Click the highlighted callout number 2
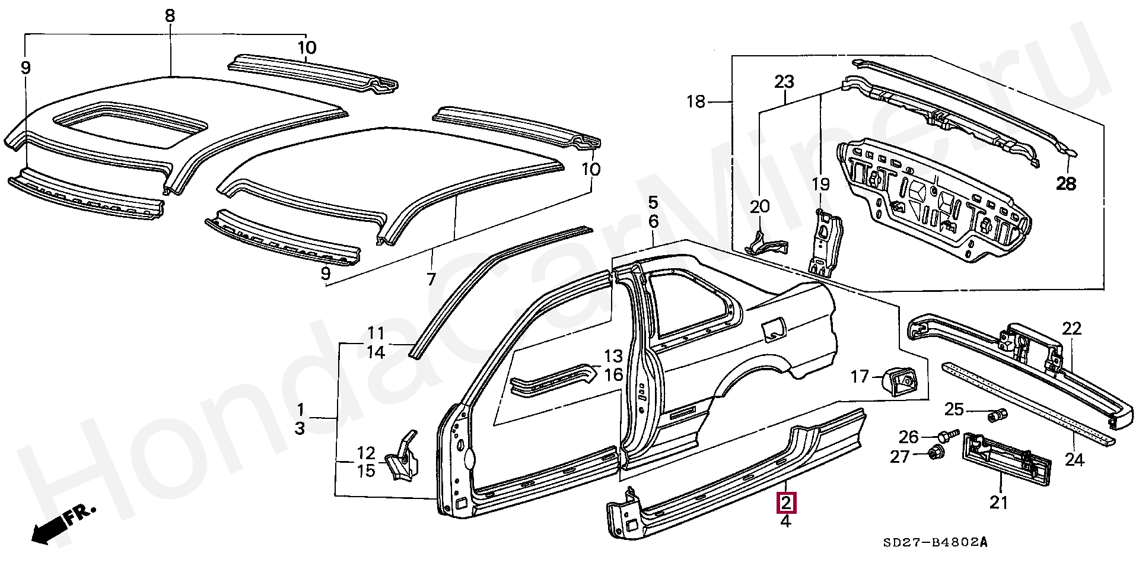tap(785, 504)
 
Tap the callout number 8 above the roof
tap(170, 15)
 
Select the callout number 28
tap(1066, 184)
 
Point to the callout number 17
tap(860, 376)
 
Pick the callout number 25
tap(955, 409)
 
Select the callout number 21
tap(999, 503)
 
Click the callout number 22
tap(1072, 328)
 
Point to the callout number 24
tap(1075, 459)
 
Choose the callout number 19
tap(821, 184)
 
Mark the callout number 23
tap(784, 81)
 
